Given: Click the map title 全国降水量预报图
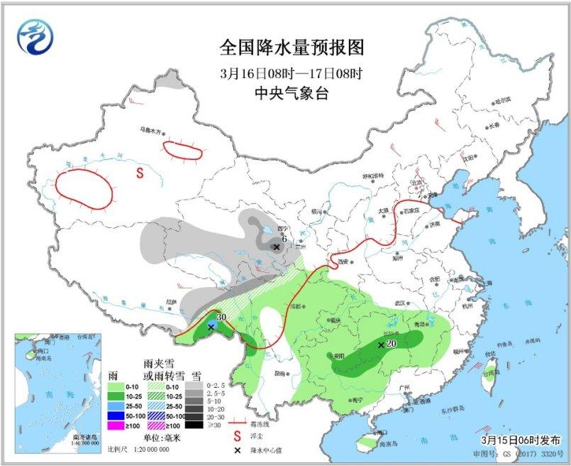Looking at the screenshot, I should [292, 48].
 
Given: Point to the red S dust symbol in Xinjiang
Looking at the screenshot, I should [140, 172].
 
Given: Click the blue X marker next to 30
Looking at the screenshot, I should [211, 327].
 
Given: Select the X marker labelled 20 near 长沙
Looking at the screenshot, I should [382, 345].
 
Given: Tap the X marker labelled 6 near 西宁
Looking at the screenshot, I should [276, 247].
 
